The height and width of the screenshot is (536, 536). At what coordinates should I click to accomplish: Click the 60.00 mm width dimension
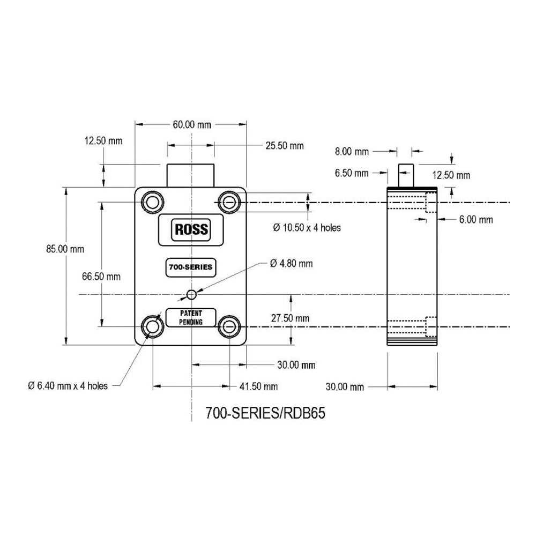pos(191,124)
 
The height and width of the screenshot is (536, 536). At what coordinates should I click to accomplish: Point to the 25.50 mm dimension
pos(284,145)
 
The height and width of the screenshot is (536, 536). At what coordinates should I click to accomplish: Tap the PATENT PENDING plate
pos(191,317)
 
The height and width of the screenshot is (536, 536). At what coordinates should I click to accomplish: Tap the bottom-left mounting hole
pos(152,325)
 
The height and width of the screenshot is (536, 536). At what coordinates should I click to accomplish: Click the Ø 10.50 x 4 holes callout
pos(307,227)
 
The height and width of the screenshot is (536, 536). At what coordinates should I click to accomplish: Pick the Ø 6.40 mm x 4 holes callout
pos(68,385)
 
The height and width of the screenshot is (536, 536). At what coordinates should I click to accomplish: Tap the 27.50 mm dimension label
pos(290,318)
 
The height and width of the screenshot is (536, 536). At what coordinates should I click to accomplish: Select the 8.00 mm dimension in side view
pos(352,152)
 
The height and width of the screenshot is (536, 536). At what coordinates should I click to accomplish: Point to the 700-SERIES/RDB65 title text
pos(265,414)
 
